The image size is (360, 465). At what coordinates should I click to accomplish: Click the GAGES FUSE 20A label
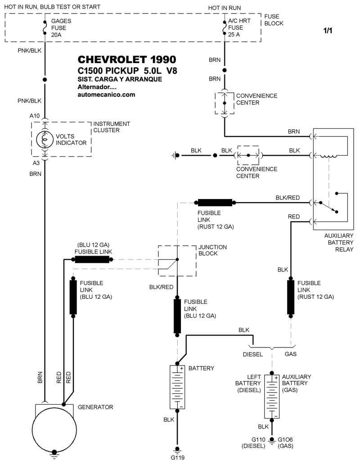61,28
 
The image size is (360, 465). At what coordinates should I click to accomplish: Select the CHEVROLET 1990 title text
127,60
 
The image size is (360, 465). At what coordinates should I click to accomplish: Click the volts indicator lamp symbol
44,140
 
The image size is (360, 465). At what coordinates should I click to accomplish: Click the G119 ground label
177,457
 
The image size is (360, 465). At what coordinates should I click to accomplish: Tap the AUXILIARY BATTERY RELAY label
339,243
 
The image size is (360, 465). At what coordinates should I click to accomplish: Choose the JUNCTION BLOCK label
213,250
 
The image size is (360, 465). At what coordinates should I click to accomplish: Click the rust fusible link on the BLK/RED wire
215,203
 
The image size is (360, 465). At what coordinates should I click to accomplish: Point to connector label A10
35,116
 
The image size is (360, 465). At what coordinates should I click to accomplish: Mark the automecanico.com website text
106,95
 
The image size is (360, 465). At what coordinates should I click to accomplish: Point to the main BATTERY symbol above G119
177,388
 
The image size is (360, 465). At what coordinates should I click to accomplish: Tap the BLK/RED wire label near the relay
287,198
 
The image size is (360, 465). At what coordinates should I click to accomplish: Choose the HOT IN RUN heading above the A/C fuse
224,8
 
